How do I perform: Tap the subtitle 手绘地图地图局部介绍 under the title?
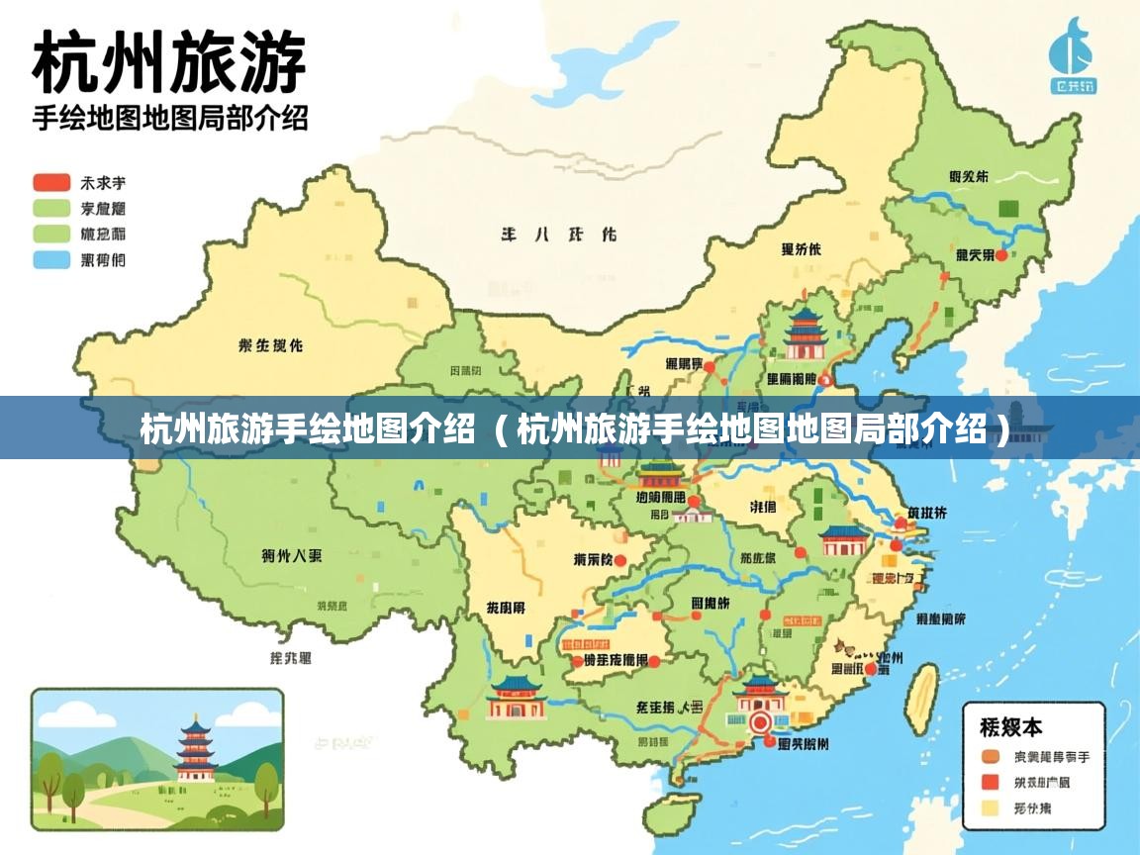point(170,119)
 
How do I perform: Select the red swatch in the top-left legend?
point(51,183)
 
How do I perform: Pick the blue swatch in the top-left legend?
point(51,260)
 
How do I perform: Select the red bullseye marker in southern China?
point(761,721)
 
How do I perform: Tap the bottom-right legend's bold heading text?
point(1010,727)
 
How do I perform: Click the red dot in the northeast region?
point(1001,255)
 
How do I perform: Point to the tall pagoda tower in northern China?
point(805,332)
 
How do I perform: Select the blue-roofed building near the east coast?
point(844,540)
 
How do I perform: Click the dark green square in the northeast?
point(1008,209)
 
